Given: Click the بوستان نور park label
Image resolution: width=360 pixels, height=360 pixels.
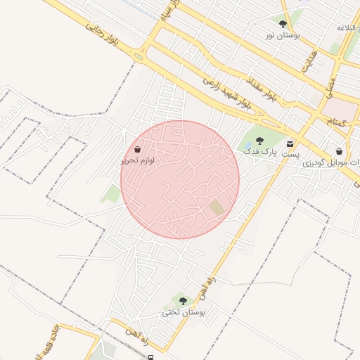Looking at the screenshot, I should [283, 34].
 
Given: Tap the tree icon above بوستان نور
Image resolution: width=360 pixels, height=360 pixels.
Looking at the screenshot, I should [283, 24].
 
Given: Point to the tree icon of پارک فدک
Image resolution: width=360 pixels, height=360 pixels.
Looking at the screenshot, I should [259, 141].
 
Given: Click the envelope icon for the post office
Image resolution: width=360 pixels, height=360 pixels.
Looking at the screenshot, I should [290, 143].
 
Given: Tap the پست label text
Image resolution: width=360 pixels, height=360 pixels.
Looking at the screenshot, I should [290, 153].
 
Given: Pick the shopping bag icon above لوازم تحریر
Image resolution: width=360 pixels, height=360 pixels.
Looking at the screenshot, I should [137, 150].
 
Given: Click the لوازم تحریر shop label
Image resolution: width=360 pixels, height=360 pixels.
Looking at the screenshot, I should [137, 160].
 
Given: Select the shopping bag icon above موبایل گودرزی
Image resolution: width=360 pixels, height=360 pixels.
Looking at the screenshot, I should [340, 151].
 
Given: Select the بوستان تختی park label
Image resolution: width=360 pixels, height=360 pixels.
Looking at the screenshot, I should [184, 311].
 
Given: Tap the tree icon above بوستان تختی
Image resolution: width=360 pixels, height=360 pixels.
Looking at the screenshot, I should [183, 301].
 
